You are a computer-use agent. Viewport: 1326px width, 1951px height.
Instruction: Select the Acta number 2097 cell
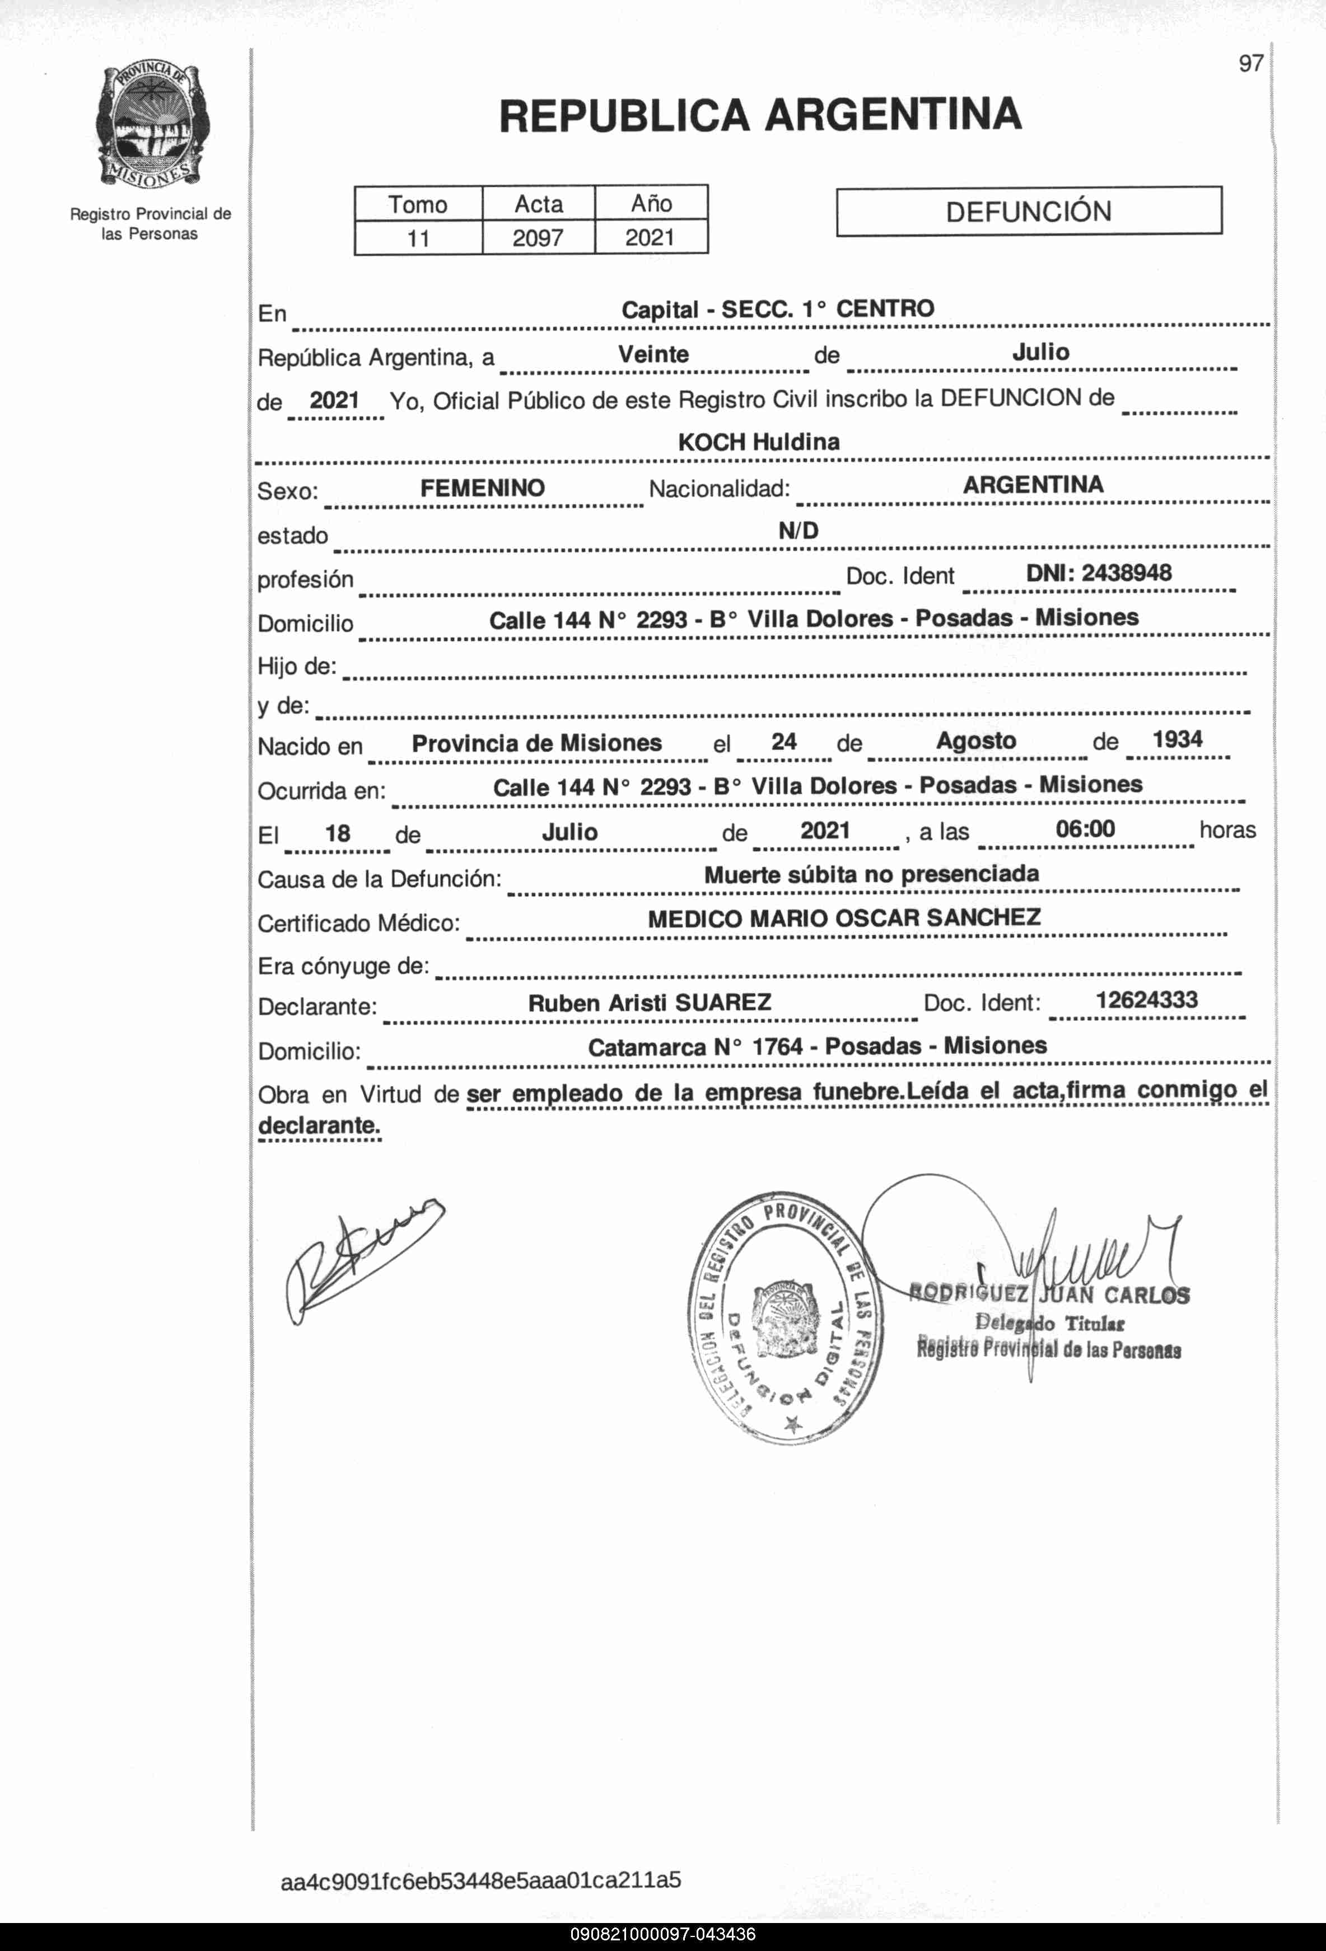(538, 237)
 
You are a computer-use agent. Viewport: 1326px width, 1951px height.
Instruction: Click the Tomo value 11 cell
(418, 238)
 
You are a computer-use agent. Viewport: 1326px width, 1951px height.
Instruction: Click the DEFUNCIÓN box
(1028, 210)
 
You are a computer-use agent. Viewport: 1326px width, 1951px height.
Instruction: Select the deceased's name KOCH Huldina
(758, 442)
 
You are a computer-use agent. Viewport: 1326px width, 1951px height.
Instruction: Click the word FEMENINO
(482, 488)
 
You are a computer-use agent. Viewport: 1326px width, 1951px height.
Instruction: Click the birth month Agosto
(976, 740)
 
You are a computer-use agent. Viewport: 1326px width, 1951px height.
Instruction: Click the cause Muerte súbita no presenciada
(871, 874)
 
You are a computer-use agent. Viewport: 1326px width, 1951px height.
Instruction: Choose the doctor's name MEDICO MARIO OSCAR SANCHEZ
(844, 918)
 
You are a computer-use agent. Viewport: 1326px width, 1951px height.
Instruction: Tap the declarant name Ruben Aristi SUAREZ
(649, 1002)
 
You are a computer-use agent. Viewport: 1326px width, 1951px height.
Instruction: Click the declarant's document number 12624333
(1146, 1000)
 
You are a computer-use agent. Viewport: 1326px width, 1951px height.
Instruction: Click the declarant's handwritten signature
(361, 1259)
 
